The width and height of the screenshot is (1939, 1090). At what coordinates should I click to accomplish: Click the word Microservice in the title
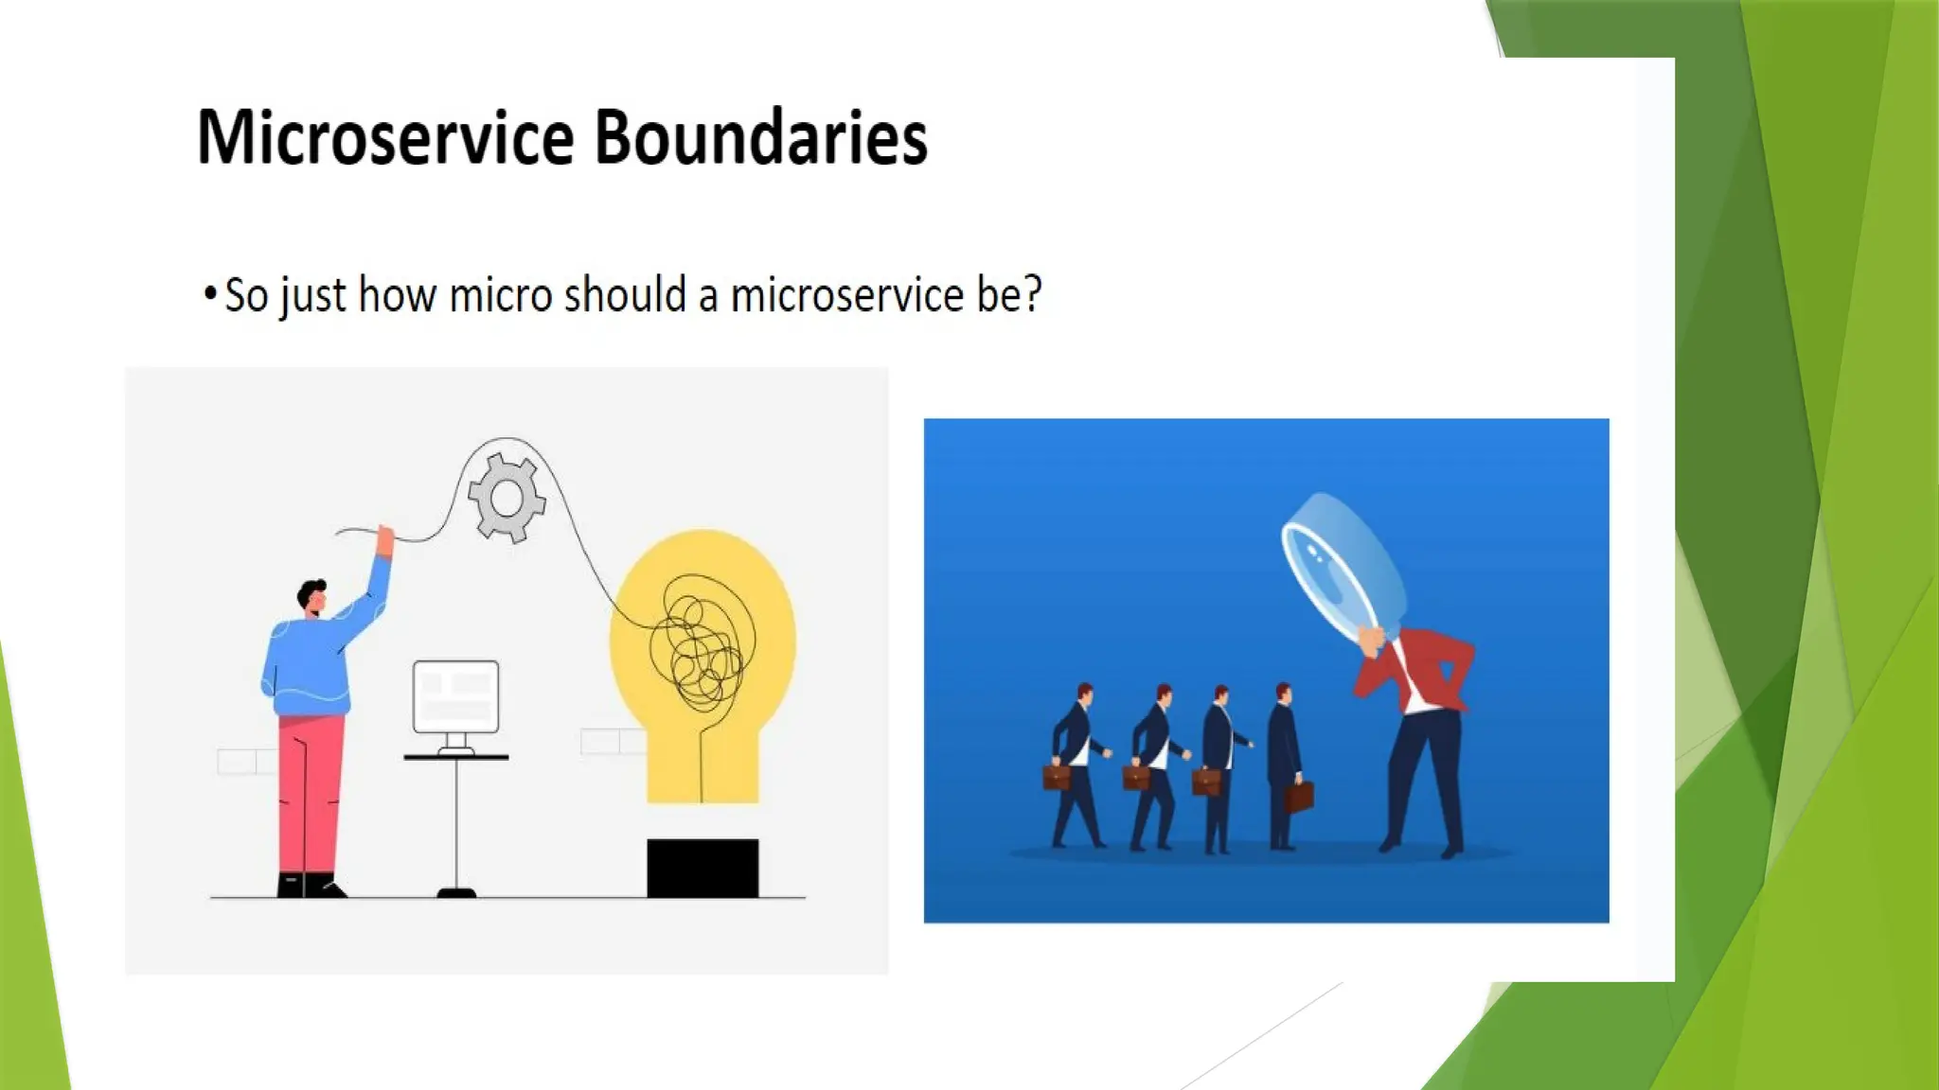[384, 138]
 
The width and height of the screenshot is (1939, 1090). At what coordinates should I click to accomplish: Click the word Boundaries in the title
[760, 138]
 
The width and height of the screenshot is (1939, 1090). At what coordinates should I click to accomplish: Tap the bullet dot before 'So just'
[210, 292]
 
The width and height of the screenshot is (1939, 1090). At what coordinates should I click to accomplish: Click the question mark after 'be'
[1032, 293]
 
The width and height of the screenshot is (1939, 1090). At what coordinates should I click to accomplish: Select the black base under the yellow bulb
[703, 868]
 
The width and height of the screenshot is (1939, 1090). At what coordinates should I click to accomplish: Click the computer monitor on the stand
[455, 696]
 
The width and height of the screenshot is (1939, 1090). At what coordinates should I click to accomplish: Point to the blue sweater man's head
[311, 596]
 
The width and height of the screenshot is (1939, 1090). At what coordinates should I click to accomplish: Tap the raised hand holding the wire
[384, 540]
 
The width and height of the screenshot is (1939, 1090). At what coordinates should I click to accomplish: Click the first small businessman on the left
[1077, 766]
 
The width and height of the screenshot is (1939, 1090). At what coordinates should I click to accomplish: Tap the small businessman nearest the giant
[1284, 766]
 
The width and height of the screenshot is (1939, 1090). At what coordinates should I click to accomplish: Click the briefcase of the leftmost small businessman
[1057, 778]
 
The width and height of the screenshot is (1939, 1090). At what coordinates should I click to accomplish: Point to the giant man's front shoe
[1390, 842]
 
